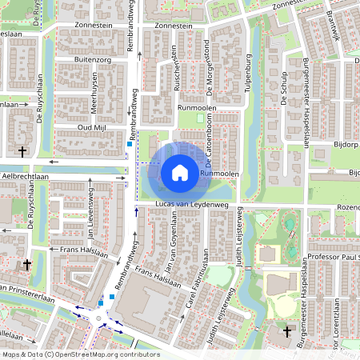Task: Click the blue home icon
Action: click(180, 172)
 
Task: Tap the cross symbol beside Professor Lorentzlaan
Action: click(288, 330)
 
